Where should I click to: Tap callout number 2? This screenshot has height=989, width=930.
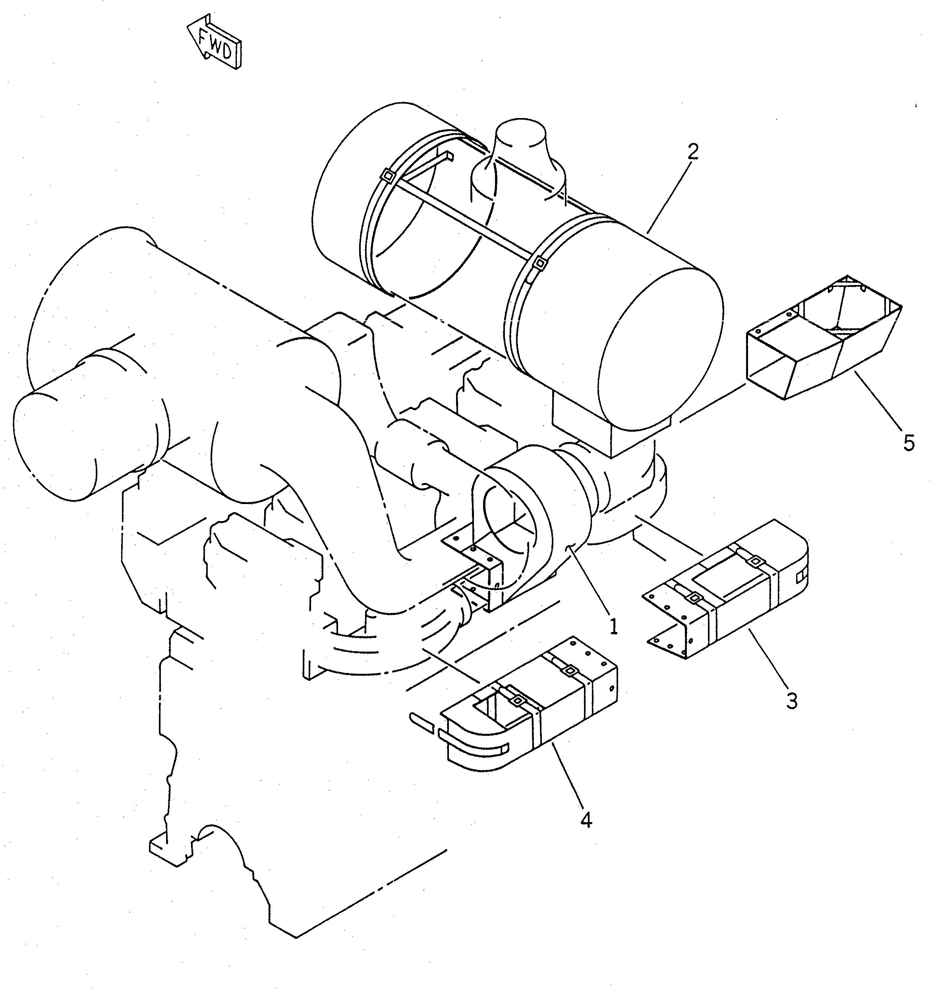[x=693, y=152]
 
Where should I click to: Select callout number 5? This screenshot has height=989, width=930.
[x=908, y=443]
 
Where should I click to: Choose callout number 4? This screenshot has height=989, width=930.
[x=586, y=820]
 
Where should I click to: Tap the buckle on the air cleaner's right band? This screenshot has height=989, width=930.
[x=538, y=262]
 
